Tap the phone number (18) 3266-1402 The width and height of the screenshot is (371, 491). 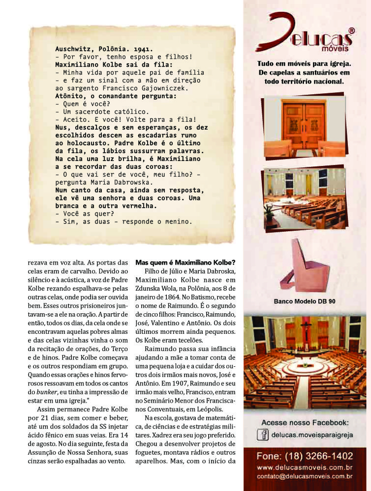point(305,456)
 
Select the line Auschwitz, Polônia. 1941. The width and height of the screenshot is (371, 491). point(104,49)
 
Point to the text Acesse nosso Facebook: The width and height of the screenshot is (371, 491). point(305,423)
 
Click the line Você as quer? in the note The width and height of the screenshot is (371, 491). point(84,214)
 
